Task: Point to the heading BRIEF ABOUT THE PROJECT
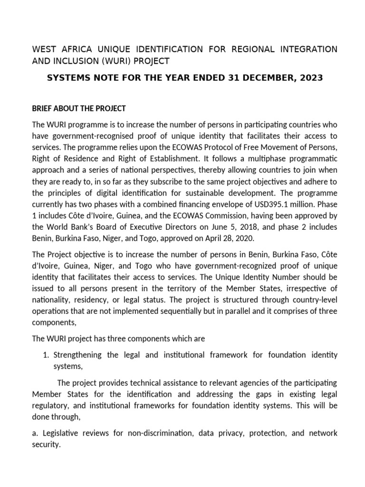(x=78, y=108)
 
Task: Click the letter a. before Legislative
(x=35, y=433)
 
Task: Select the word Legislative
(x=62, y=433)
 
